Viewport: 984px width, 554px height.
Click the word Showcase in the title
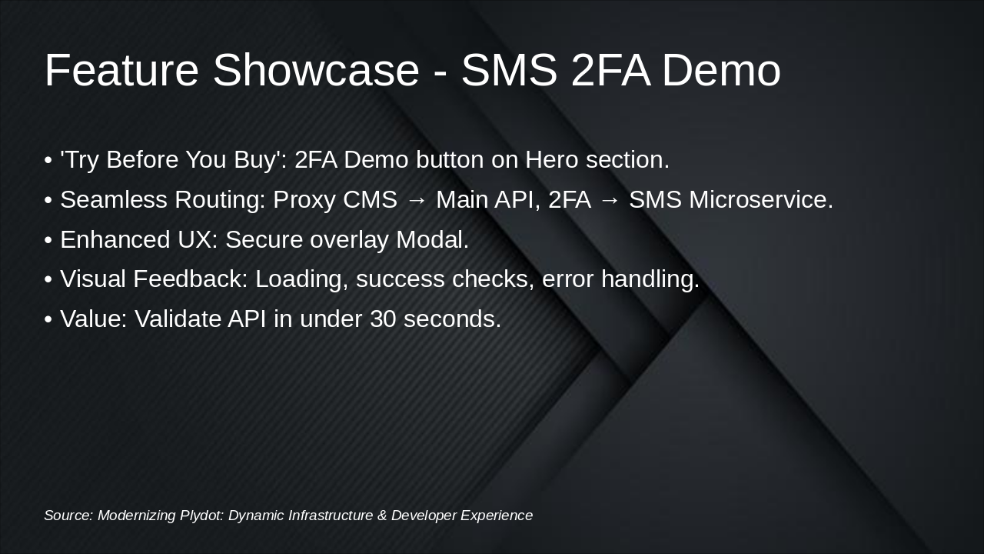click(316, 70)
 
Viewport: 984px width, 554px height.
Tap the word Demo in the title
click(721, 70)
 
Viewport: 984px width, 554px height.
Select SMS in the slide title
click(509, 70)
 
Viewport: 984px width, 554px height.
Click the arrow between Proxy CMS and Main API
click(417, 200)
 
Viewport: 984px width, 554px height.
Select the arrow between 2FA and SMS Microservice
click(610, 200)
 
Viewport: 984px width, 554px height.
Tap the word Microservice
click(761, 200)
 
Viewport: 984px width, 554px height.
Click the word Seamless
click(114, 200)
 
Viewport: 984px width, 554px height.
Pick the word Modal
click(432, 240)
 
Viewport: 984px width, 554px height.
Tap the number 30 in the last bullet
click(383, 319)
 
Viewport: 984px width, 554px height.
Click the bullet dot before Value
click(48, 319)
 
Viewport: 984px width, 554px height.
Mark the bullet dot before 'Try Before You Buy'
click(48, 160)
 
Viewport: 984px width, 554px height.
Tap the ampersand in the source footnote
click(382, 516)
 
